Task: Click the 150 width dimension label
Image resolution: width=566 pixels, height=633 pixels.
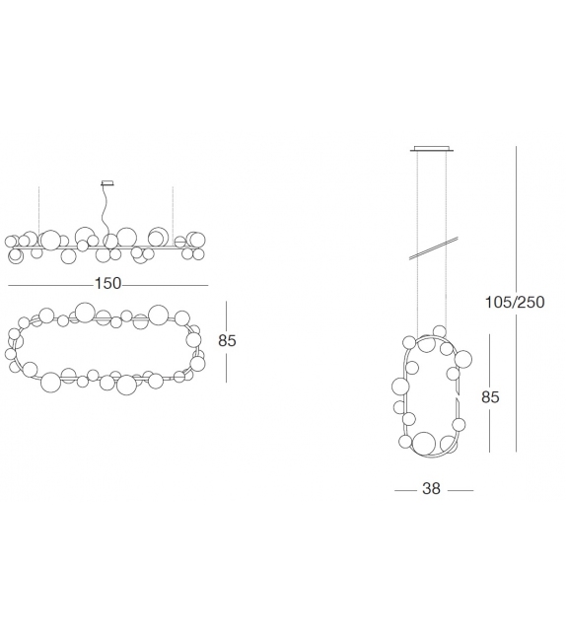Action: [x=107, y=283]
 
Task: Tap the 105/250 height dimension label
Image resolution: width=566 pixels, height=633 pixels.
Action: [x=515, y=302]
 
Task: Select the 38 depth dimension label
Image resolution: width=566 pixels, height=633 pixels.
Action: [x=431, y=488]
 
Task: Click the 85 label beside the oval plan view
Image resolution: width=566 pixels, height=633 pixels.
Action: [x=227, y=341]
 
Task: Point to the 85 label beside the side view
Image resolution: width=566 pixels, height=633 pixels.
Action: [x=490, y=397]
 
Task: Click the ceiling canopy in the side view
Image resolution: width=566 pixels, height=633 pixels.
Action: [x=432, y=148]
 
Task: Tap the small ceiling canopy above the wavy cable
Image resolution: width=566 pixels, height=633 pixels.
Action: [x=107, y=182]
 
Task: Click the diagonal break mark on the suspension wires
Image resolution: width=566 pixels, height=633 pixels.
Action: [x=434, y=247]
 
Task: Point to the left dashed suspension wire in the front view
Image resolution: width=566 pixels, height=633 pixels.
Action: [x=38, y=211]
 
